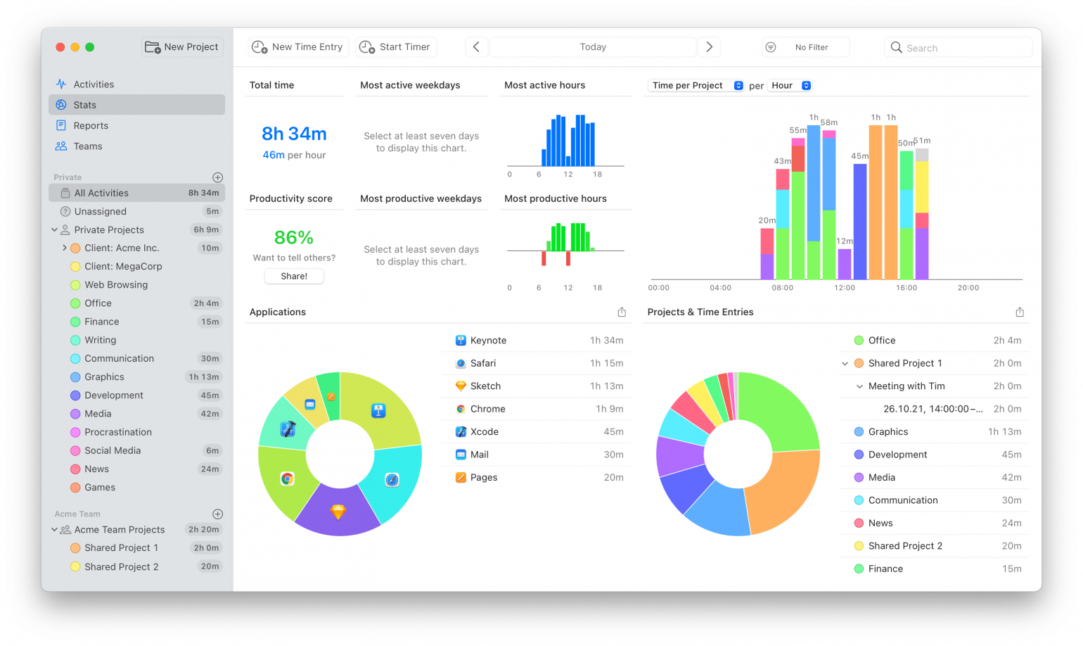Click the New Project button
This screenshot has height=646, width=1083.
coord(182,47)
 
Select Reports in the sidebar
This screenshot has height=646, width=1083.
coord(91,126)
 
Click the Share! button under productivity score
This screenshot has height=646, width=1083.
coord(294,277)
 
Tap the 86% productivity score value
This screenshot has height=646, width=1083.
coord(294,238)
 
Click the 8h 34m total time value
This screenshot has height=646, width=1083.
coord(294,134)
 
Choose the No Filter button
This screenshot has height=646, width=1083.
coord(806,47)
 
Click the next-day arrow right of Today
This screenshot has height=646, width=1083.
coord(709,47)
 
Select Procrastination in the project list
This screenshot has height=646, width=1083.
coord(117,432)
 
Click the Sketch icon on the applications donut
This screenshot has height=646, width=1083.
coord(338,512)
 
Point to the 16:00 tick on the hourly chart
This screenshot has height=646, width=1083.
coord(906,287)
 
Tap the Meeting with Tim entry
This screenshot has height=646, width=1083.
coord(906,386)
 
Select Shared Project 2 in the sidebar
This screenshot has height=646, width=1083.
coord(121,566)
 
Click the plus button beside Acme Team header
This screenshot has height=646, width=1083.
coord(218,514)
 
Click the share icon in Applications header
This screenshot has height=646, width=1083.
coord(622,312)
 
